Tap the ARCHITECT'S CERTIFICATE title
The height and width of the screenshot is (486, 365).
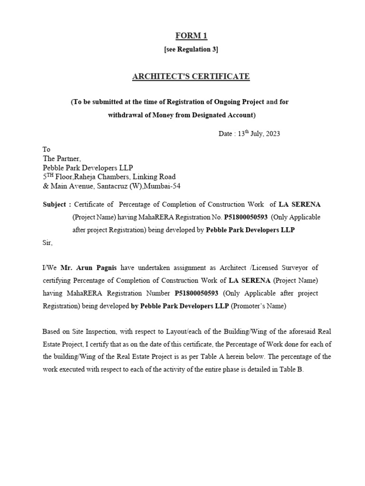pyautogui.click(x=191, y=76)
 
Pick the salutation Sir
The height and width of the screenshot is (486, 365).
pyautogui.click(x=48, y=243)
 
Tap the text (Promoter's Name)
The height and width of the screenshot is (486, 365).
pyautogui.click(x=259, y=306)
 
